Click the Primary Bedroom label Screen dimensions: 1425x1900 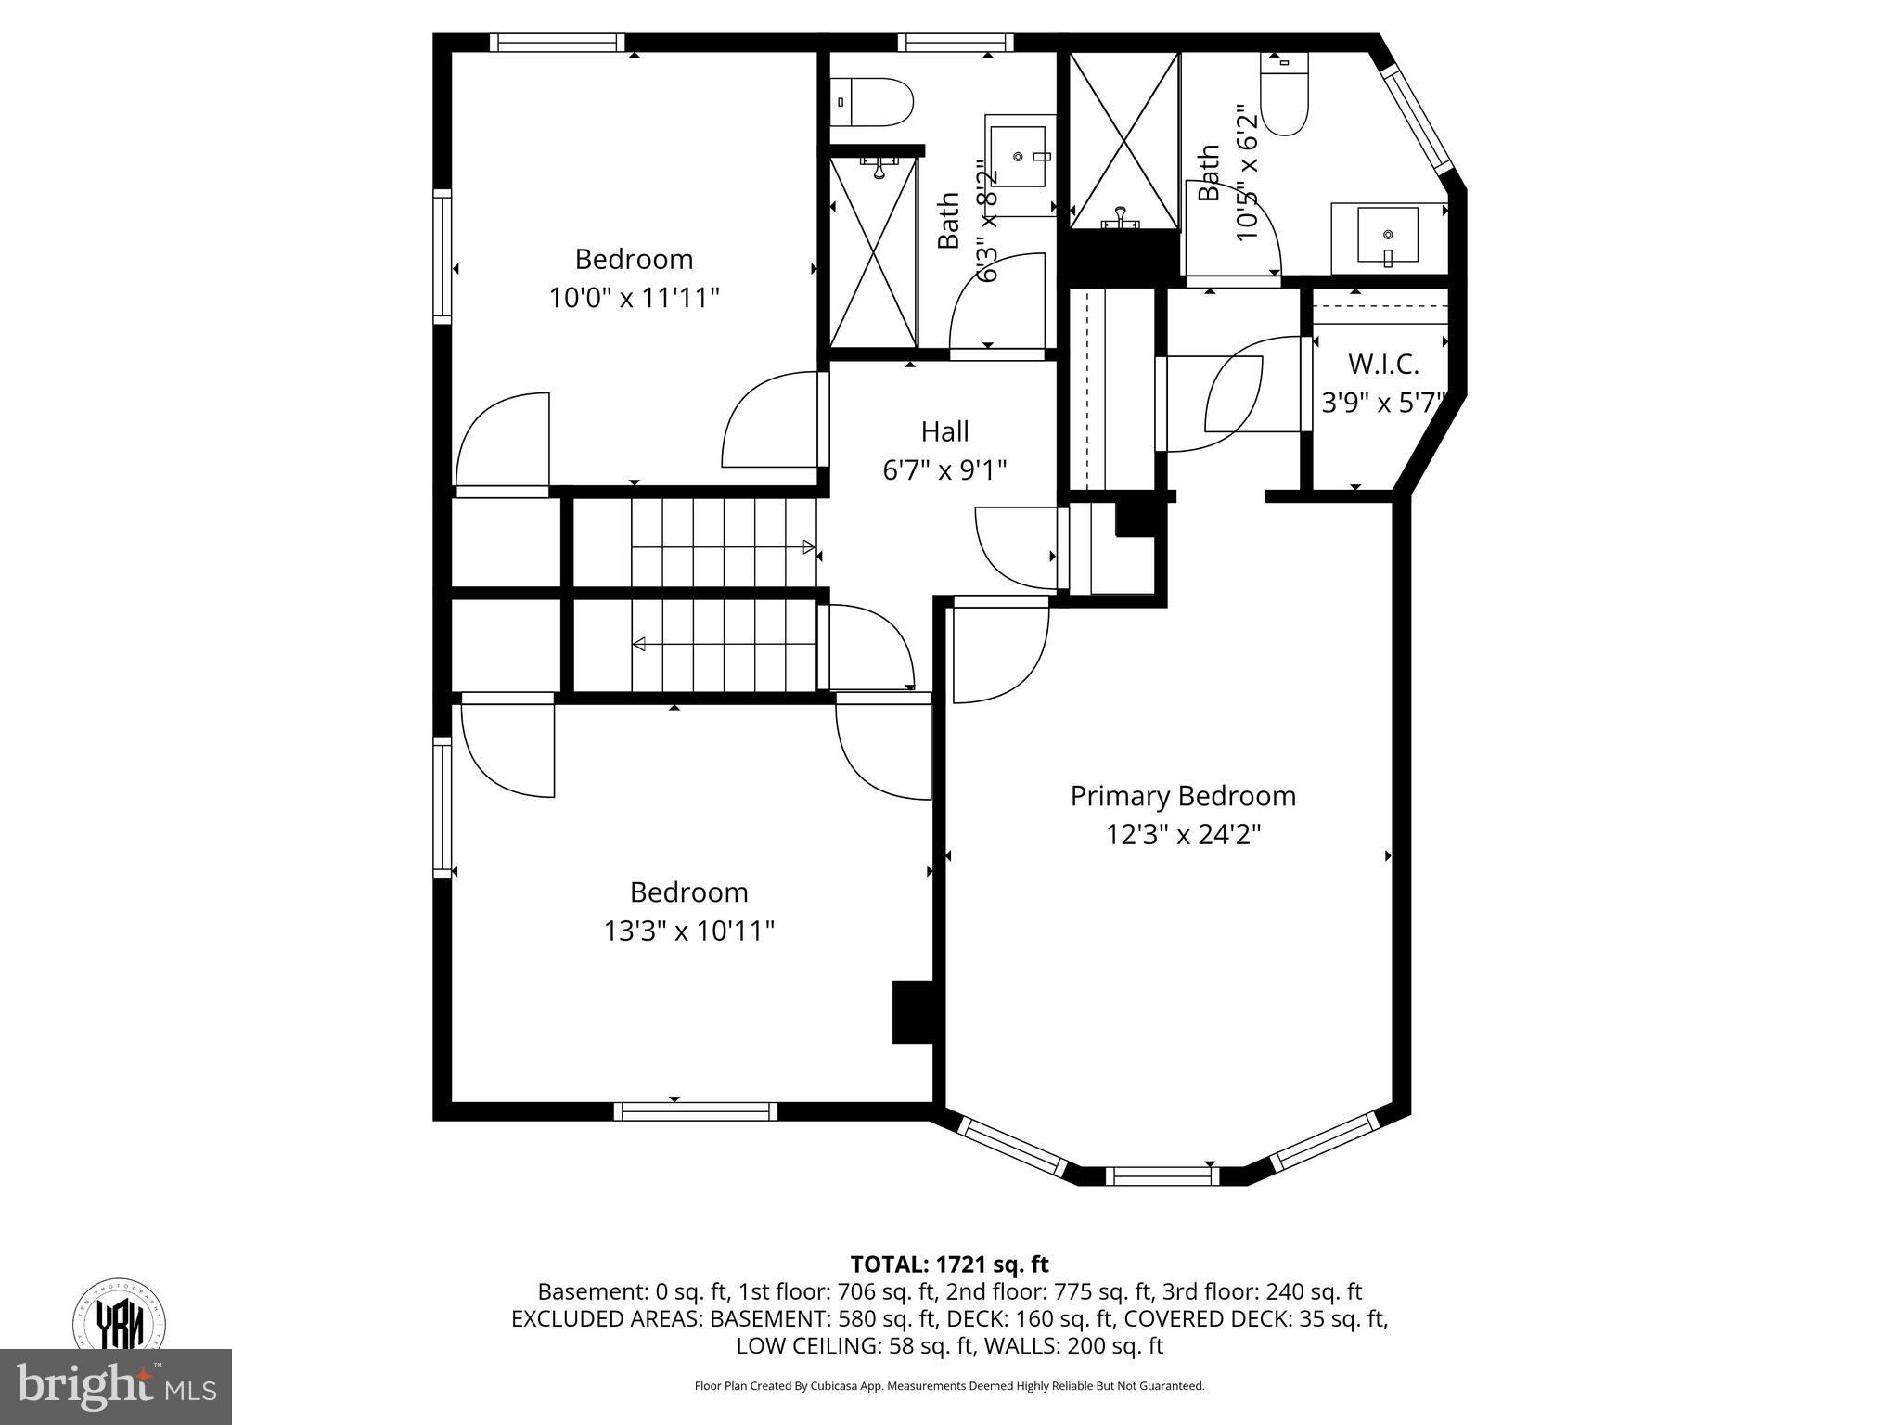coord(1183,796)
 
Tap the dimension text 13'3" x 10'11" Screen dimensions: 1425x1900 coord(688,931)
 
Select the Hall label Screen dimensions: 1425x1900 coord(944,431)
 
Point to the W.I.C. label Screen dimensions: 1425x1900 coord(1383,364)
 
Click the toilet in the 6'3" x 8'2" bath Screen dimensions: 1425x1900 coord(873,102)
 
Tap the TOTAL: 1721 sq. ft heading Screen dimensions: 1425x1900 coord(949,1264)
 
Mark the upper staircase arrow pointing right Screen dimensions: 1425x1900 coord(809,547)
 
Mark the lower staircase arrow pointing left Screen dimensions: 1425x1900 coord(640,645)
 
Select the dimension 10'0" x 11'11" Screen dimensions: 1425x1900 coord(634,298)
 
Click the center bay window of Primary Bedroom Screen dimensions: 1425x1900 coord(1164,1175)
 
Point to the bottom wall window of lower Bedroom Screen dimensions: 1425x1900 coord(695,1110)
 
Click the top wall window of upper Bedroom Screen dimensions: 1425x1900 coord(557,43)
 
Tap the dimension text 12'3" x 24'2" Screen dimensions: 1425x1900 coord(1183,835)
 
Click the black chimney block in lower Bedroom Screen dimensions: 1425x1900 coord(912,1012)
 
